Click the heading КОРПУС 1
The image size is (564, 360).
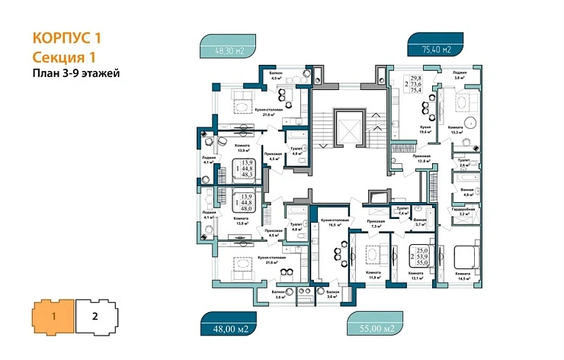coord(68,37)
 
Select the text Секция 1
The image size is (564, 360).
coord(63,56)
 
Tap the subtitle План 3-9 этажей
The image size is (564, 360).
coord(76,73)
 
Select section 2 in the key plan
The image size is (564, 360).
coord(95,315)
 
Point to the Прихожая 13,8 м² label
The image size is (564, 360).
coord(422,159)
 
